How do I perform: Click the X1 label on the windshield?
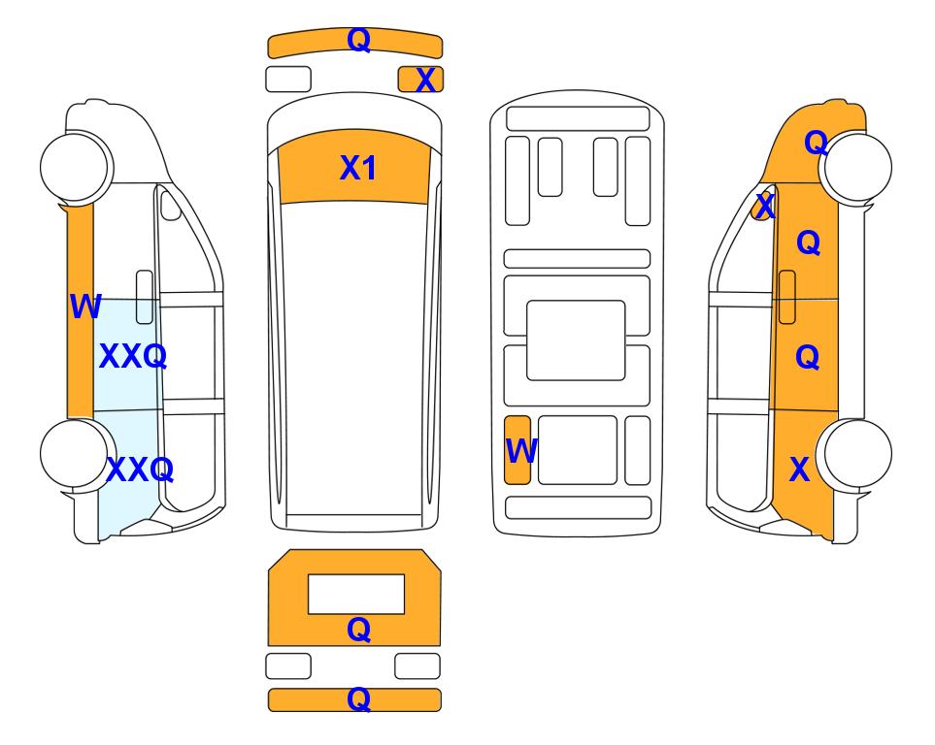pos(357,168)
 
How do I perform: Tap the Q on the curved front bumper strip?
pos(359,40)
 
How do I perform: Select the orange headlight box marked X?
pos(420,80)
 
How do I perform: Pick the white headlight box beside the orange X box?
pos(288,80)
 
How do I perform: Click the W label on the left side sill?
pos(85,307)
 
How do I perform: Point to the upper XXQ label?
pos(132,356)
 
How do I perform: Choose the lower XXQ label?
pos(140,470)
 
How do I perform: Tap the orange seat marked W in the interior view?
pos(517,450)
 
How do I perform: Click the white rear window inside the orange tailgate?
pos(356,594)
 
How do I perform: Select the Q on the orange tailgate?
pos(359,630)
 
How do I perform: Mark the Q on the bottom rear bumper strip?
pos(359,699)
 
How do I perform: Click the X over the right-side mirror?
pos(764,207)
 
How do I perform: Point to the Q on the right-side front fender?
pos(816,143)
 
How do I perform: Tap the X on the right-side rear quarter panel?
pos(800,470)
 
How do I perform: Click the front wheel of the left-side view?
pos(75,166)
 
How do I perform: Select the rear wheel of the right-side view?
pos(855,453)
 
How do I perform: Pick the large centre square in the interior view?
pos(576,340)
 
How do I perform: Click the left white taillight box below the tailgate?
pos(288,665)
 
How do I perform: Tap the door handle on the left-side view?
pos(145,297)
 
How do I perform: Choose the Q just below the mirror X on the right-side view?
pos(809,243)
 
